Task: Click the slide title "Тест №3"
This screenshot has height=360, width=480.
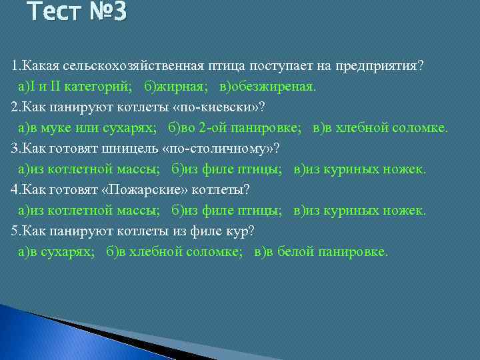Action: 77,12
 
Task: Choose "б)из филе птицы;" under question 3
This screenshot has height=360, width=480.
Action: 226,170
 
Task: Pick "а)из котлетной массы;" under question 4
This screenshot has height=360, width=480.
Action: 89,211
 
